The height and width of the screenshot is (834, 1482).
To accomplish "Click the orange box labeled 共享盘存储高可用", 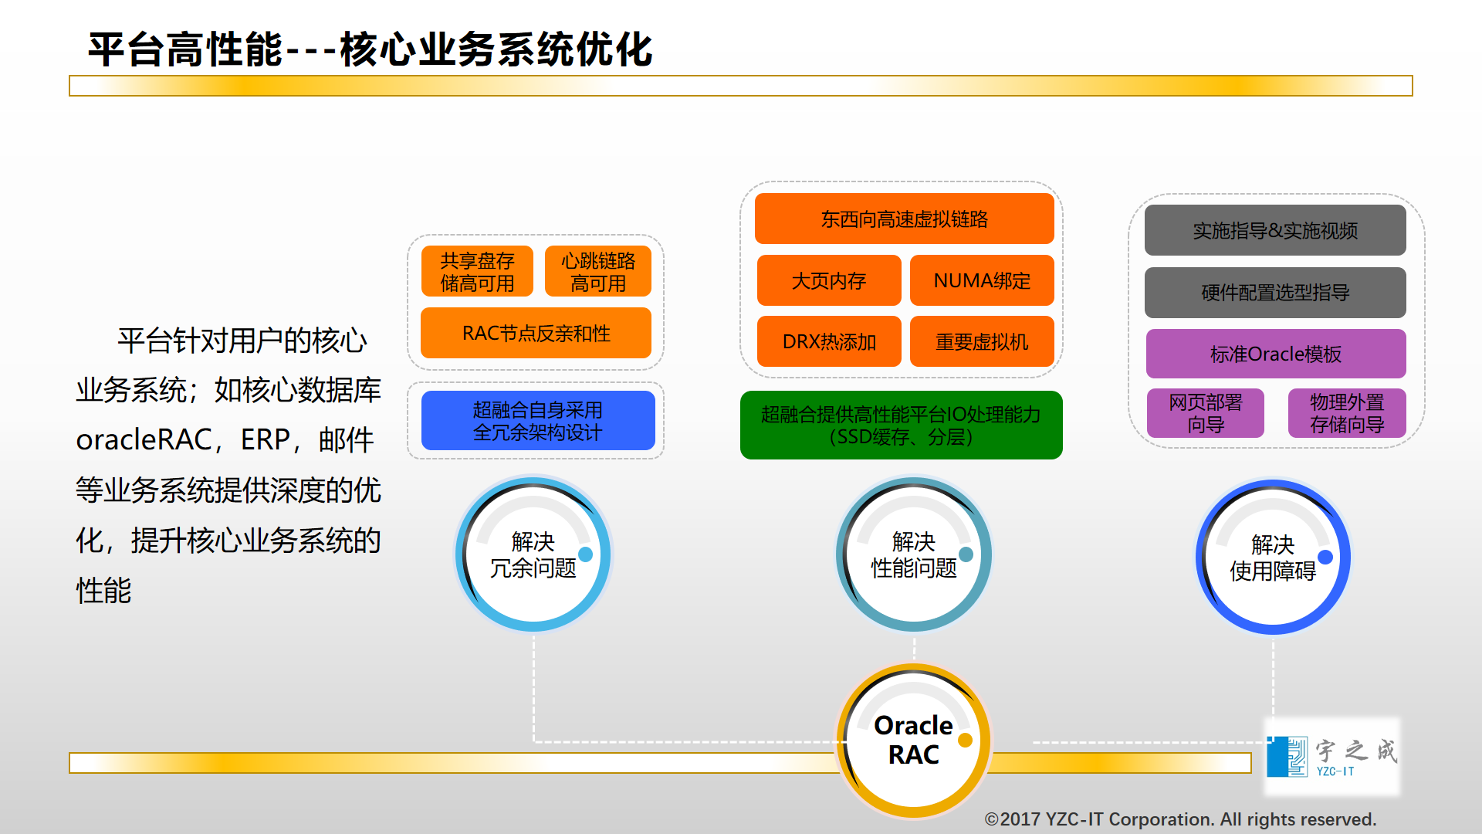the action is click(477, 271).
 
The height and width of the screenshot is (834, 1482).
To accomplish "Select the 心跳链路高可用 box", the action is click(598, 271).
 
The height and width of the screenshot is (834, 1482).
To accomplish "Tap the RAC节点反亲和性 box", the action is click(536, 333).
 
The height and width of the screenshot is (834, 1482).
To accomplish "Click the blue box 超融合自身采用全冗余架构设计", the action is click(538, 420).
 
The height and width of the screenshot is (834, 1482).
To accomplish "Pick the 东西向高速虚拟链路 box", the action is click(904, 219).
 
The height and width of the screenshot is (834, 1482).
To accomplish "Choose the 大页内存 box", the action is click(829, 280).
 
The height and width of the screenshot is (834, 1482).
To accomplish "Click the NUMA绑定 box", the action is click(982, 280).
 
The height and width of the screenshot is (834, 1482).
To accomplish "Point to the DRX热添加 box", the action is click(829, 341).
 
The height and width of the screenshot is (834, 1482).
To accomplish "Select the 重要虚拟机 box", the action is click(982, 341).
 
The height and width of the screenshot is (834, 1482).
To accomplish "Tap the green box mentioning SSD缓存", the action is click(901, 425).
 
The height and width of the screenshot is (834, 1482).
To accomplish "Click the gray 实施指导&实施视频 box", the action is click(1275, 230).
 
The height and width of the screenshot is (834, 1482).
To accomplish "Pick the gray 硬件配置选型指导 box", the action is click(1275, 293).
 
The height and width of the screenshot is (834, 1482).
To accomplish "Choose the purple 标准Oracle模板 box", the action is click(1275, 354).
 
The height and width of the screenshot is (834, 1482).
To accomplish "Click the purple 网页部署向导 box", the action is click(1205, 413).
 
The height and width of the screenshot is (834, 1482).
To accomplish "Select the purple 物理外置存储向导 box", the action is click(1347, 413).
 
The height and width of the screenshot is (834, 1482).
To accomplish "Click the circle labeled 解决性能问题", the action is click(914, 554).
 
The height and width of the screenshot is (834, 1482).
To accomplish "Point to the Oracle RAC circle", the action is click(914, 740).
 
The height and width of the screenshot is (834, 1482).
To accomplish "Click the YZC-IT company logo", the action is click(1331, 756).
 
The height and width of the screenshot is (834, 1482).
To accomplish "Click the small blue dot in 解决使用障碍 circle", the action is click(1325, 557).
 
